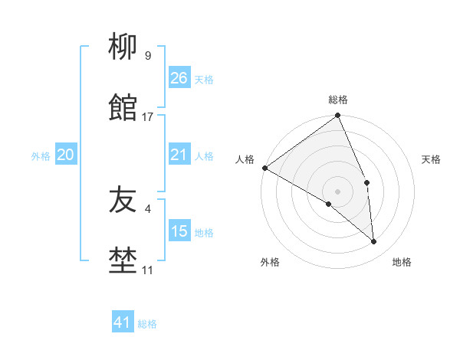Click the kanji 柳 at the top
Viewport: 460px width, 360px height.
point(123,48)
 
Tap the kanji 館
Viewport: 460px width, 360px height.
point(123,109)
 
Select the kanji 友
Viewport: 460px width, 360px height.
point(123,201)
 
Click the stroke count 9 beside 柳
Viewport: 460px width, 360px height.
point(147,55)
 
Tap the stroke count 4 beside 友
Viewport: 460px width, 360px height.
point(147,208)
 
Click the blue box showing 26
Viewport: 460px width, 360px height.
point(179,78)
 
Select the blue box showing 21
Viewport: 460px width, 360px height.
point(179,155)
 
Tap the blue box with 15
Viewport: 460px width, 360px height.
point(179,231)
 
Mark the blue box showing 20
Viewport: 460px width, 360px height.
point(65,155)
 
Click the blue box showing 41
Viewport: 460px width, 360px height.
point(123,322)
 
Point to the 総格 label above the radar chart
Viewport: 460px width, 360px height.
point(338,100)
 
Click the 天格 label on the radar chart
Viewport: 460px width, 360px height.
point(431,160)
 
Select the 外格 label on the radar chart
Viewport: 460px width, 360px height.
point(270,263)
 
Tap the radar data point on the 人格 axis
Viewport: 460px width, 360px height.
point(264,168)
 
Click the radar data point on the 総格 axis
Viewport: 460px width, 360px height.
point(338,116)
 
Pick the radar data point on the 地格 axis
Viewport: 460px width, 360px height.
point(374,241)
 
